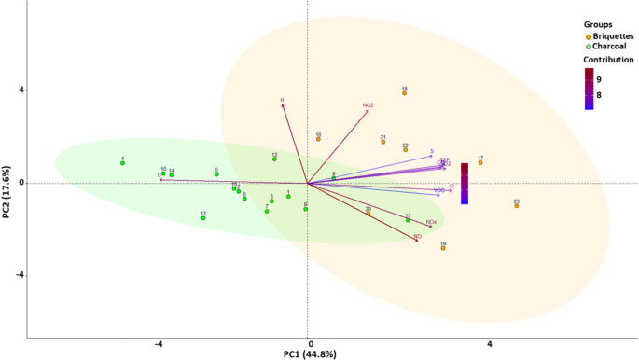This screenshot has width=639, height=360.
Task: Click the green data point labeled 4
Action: click(x=122, y=163)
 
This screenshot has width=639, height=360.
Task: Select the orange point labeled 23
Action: click(x=516, y=205)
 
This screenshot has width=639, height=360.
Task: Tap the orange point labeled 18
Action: click(x=404, y=93)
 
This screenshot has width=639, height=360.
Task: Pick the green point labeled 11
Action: click(x=202, y=218)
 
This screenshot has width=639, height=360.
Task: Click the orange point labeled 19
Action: click(x=443, y=248)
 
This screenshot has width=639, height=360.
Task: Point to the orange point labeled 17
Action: click(x=480, y=163)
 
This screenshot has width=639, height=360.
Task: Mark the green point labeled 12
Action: click(x=274, y=159)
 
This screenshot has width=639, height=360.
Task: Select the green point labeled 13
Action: click(x=408, y=220)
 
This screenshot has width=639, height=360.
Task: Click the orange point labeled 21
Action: click(x=383, y=143)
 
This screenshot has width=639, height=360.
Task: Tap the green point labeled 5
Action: click(x=216, y=174)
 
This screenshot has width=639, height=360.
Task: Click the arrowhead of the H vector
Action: click(x=283, y=104)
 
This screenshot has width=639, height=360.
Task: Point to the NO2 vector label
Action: click(x=368, y=105)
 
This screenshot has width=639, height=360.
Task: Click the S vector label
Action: click(x=432, y=151)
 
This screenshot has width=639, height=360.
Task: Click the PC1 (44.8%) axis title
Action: click(x=309, y=353)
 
